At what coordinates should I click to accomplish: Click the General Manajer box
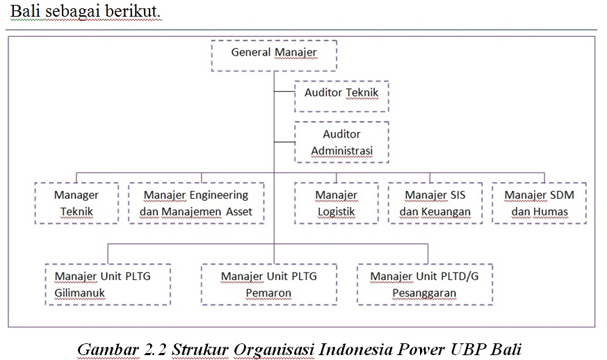click(x=273, y=55)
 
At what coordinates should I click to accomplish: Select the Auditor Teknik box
click(x=341, y=96)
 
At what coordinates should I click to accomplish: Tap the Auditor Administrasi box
click(x=341, y=142)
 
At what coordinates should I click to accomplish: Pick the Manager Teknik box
click(x=76, y=203)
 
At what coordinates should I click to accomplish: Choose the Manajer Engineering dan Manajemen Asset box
click(x=196, y=203)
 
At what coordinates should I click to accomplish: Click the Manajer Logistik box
click(x=337, y=203)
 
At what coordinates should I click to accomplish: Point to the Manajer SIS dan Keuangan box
click(x=435, y=203)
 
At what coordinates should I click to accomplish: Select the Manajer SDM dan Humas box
click(x=539, y=203)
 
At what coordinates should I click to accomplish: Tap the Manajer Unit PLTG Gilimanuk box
click(x=108, y=284)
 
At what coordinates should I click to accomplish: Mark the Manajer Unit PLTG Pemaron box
click(x=268, y=284)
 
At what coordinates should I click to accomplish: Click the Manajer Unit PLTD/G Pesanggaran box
click(x=424, y=284)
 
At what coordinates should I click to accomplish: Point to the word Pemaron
click(x=268, y=293)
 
